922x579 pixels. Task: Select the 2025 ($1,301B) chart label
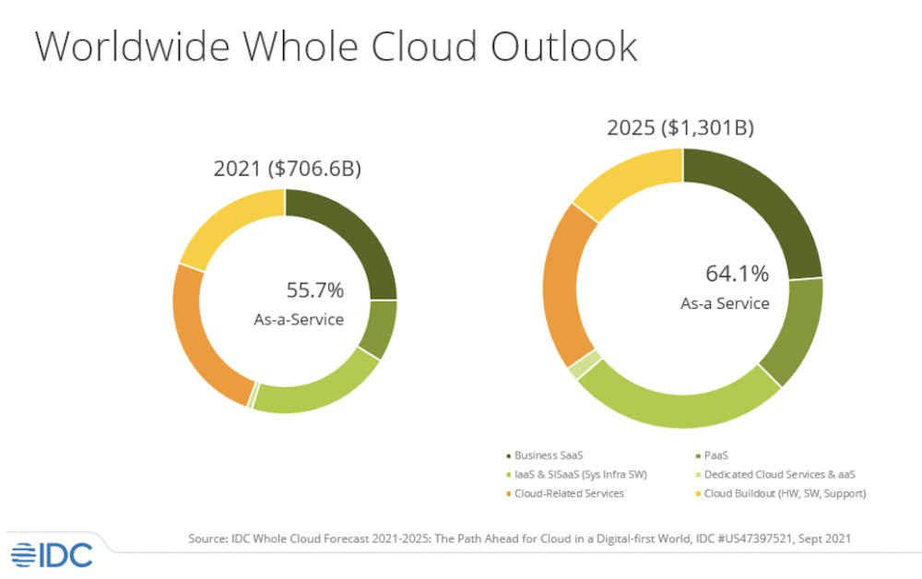click(680, 127)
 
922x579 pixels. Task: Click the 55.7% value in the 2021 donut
click(315, 291)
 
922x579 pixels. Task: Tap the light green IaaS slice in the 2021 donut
click(318, 388)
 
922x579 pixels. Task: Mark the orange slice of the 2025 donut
click(565, 287)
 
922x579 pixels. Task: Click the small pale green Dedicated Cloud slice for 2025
click(581, 365)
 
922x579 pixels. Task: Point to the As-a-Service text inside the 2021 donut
click(299, 320)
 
